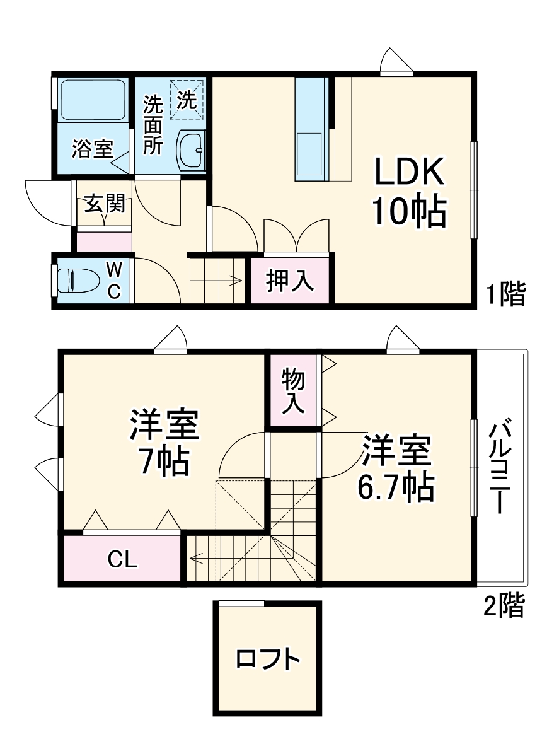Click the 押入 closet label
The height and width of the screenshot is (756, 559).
click(x=289, y=281)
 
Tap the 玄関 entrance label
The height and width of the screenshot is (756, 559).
click(x=105, y=204)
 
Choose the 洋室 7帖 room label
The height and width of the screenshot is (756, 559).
click(x=164, y=441)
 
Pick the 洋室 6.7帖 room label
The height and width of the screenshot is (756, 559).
click(x=396, y=467)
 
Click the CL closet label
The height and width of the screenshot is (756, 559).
click(x=122, y=559)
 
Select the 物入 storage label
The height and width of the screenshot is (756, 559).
click(x=294, y=392)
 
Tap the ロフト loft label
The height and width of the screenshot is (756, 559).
click(x=267, y=660)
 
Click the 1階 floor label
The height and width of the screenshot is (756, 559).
click(x=505, y=294)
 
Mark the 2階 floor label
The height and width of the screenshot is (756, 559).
click(x=504, y=606)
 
